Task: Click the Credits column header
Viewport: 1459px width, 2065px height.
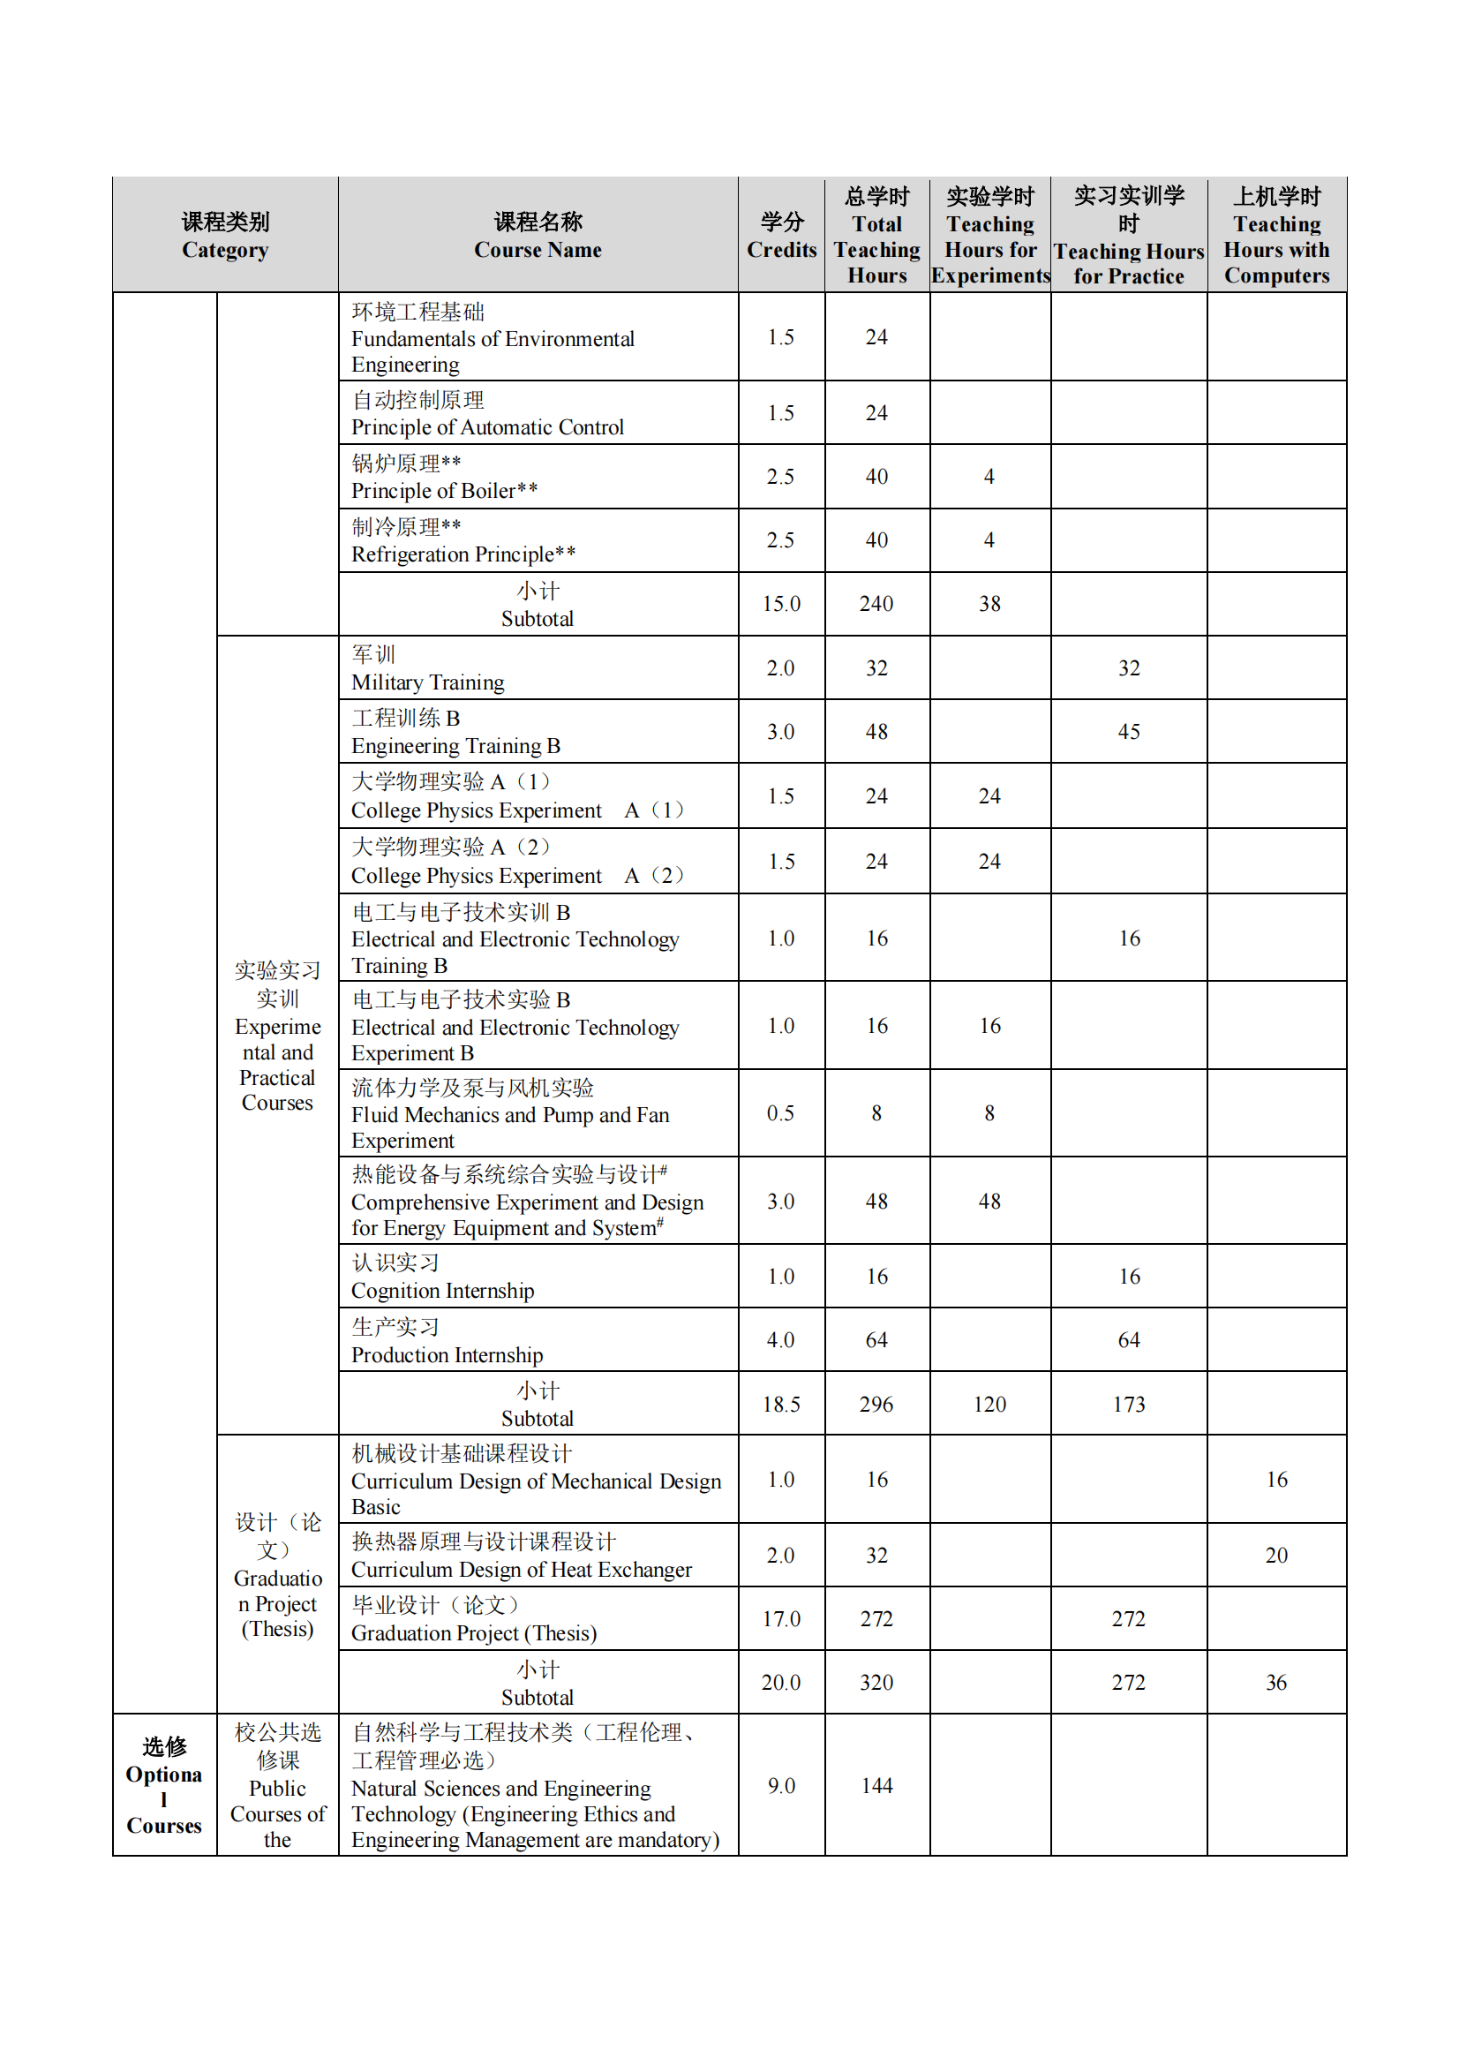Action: [x=781, y=236]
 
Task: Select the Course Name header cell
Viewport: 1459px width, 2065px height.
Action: [x=538, y=236]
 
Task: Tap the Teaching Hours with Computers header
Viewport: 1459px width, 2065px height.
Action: [x=1275, y=236]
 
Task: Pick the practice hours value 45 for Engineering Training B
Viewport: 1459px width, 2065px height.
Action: [x=1128, y=732]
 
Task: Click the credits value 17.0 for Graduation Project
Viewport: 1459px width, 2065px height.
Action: [x=781, y=1619]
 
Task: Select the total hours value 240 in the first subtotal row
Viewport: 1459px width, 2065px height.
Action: [x=876, y=604]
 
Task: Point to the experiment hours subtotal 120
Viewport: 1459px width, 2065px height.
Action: [x=989, y=1404]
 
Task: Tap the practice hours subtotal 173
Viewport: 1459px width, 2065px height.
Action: [x=1128, y=1404]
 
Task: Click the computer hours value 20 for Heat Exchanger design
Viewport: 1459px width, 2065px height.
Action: [x=1275, y=1555]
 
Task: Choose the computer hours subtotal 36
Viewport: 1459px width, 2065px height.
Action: [x=1275, y=1682]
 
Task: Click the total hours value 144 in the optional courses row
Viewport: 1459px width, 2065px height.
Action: [x=876, y=1785]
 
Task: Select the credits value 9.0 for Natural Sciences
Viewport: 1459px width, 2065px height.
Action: [x=781, y=1785]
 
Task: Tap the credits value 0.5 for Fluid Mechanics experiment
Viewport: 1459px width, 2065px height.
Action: [x=780, y=1113]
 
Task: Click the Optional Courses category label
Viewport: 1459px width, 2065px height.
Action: [x=163, y=1785]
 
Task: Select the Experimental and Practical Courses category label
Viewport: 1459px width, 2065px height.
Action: [x=277, y=1036]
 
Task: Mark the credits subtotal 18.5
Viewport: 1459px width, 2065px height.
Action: [x=781, y=1404]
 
